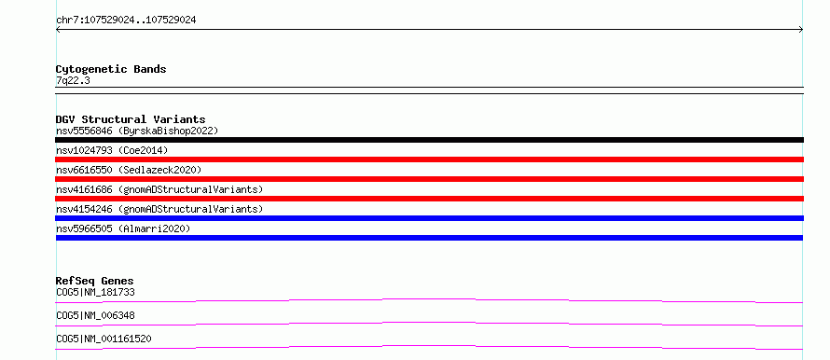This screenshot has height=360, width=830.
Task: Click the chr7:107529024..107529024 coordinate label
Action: coord(126,21)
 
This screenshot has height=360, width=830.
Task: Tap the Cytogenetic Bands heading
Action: coord(111,69)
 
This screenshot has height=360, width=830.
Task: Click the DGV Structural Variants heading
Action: coord(131,119)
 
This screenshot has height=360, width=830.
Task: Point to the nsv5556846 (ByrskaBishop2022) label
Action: coord(137,131)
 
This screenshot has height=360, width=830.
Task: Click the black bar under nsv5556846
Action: coord(429,140)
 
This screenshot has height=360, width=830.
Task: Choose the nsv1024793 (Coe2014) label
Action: coord(112,150)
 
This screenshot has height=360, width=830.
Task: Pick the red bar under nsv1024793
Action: coord(429,159)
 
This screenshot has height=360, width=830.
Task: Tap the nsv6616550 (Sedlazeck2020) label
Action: coord(129,170)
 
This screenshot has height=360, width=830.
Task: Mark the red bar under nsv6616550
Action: coord(429,179)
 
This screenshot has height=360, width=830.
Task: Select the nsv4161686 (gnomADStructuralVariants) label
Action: coord(159,189)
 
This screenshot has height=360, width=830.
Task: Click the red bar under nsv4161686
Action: coord(429,199)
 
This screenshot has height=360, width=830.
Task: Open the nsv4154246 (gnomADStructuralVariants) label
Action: coord(159,209)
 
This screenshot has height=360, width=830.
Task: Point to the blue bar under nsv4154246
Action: coord(429,218)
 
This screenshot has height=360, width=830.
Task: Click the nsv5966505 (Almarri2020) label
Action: coord(123,228)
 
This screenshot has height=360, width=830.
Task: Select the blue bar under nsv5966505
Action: coord(429,238)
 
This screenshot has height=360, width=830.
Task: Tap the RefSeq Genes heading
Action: coord(95,281)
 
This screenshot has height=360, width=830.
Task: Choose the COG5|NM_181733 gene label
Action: coord(91,292)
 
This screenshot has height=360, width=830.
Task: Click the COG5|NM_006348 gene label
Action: coord(95,315)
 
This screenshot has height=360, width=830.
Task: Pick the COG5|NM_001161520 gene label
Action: coord(104,339)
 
